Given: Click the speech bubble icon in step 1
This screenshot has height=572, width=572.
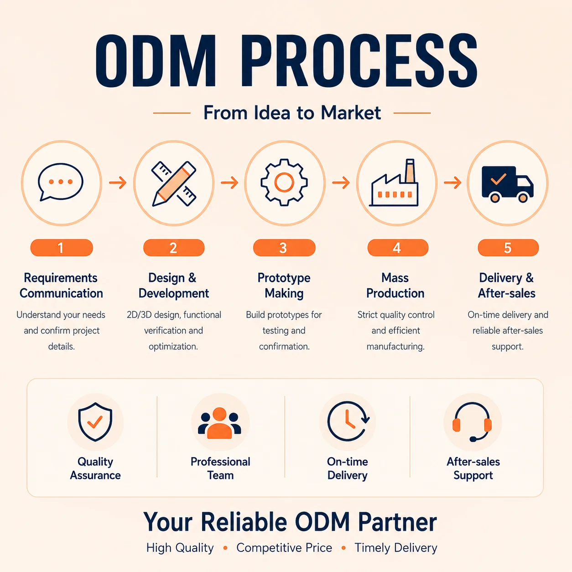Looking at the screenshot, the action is (x=61, y=182).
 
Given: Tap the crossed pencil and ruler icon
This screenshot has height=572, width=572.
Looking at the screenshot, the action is (x=174, y=183).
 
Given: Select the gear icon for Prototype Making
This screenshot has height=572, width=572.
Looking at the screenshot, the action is (x=284, y=182).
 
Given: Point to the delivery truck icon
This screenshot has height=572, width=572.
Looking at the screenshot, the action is (x=508, y=184).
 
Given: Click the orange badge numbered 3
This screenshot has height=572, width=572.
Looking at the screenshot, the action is (x=284, y=248).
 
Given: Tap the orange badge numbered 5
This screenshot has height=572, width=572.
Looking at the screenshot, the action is (x=508, y=248).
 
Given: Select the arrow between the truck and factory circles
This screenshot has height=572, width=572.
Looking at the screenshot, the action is (x=452, y=182).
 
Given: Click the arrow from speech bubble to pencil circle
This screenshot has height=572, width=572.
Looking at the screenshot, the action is (x=118, y=182).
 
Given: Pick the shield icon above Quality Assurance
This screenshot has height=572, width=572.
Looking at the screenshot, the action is (x=95, y=422).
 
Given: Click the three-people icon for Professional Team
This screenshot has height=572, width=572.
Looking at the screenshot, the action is (x=220, y=423).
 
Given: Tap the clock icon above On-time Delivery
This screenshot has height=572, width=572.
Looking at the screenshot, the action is (x=348, y=421).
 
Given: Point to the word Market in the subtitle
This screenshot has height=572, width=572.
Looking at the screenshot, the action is (x=351, y=113).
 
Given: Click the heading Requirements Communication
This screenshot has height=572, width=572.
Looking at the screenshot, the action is (x=61, y=286).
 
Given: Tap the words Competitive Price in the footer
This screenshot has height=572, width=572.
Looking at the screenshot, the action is (x=284, y=548).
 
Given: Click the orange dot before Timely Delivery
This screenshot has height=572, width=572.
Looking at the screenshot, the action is (x=343, y=548).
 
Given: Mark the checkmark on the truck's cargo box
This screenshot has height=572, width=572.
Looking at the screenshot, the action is (x=499, y=179).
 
